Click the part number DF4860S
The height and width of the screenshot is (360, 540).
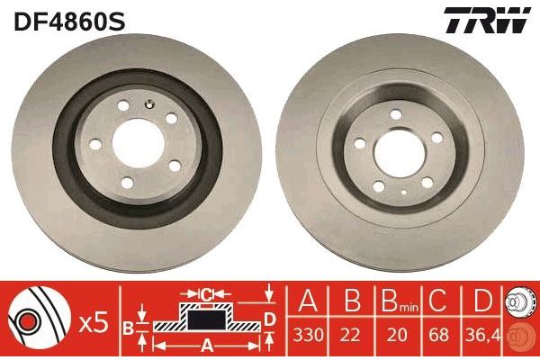click(69, 21)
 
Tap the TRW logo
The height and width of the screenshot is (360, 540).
click(487, 20)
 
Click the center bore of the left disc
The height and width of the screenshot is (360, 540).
click(139, 144)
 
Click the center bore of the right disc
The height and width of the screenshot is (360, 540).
click(399, 153)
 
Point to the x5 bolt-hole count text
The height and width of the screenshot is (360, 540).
click(94, 324)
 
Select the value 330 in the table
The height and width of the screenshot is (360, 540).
click(308, 335)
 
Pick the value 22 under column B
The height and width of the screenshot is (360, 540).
click(350, 335)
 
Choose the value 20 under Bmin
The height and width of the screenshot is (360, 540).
click(397, 335)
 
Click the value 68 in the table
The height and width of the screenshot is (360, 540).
click(439, 335)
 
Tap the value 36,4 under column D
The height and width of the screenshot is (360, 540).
click(482, 335)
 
